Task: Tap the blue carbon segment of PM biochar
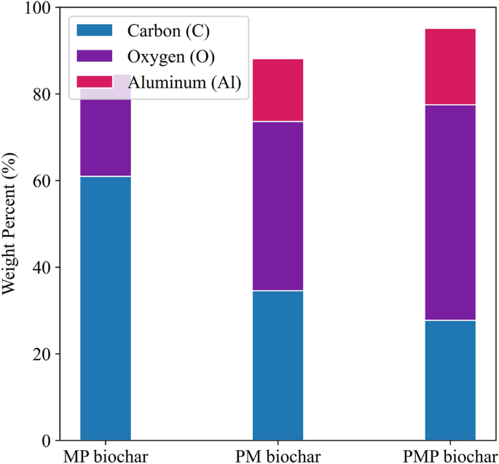coord(278,365)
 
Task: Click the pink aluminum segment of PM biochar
coord(278,90)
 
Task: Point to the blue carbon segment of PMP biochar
coord(450,380)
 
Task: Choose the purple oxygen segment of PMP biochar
coord(450,212)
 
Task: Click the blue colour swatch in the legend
coord(95,30)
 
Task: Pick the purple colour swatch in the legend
coord(95,56)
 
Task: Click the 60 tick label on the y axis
coord(46,181)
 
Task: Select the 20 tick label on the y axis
coord(46,355)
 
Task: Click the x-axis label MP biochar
coord(106,457)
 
